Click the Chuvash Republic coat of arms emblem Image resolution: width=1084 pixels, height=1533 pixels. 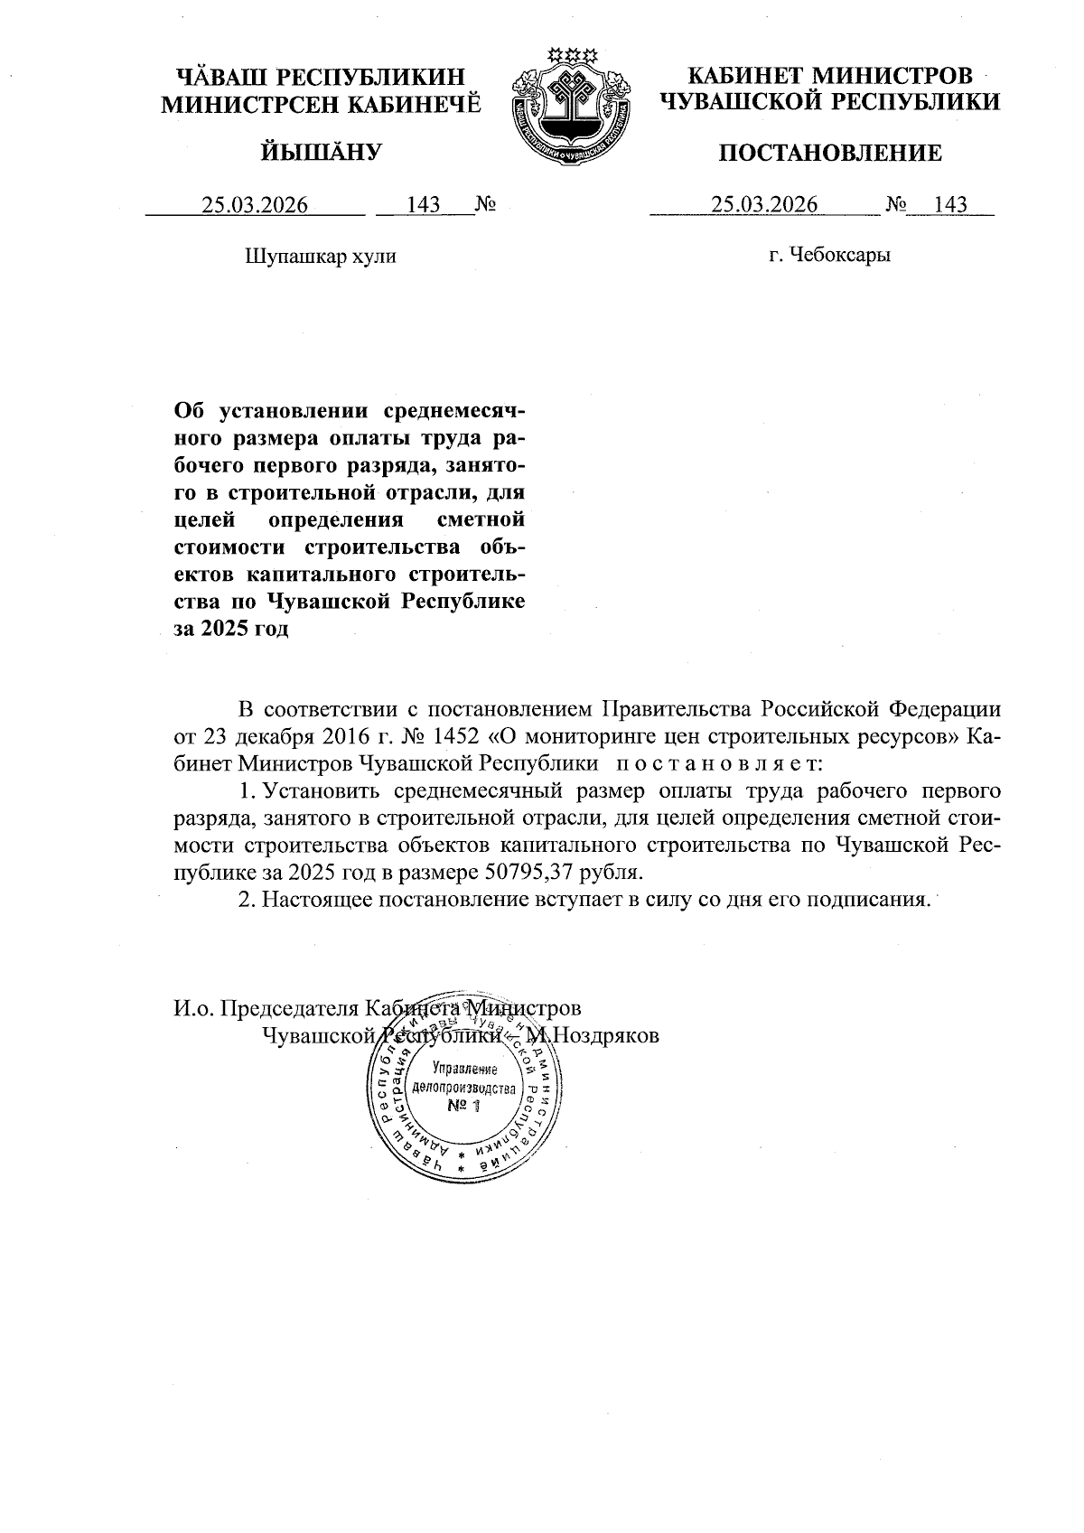point(569,106)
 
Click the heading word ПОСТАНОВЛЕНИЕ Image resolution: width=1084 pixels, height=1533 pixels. point(829,154)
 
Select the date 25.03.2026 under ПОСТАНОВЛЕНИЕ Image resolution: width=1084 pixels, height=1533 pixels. point(764,205)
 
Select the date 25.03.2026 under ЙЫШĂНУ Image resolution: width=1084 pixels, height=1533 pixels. point(255,206)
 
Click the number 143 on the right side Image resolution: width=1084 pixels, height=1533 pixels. point(950,205)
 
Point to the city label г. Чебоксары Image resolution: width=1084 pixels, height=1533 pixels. point(829,256)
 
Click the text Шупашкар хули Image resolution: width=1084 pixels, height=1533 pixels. point(321,257)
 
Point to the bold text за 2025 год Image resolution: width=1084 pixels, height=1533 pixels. point(230,630)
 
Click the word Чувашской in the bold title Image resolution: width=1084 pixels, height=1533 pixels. point(329,602)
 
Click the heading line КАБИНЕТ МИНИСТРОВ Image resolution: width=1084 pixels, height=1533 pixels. point(830,76)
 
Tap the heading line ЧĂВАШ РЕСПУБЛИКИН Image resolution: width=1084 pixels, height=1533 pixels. point(322,76)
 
